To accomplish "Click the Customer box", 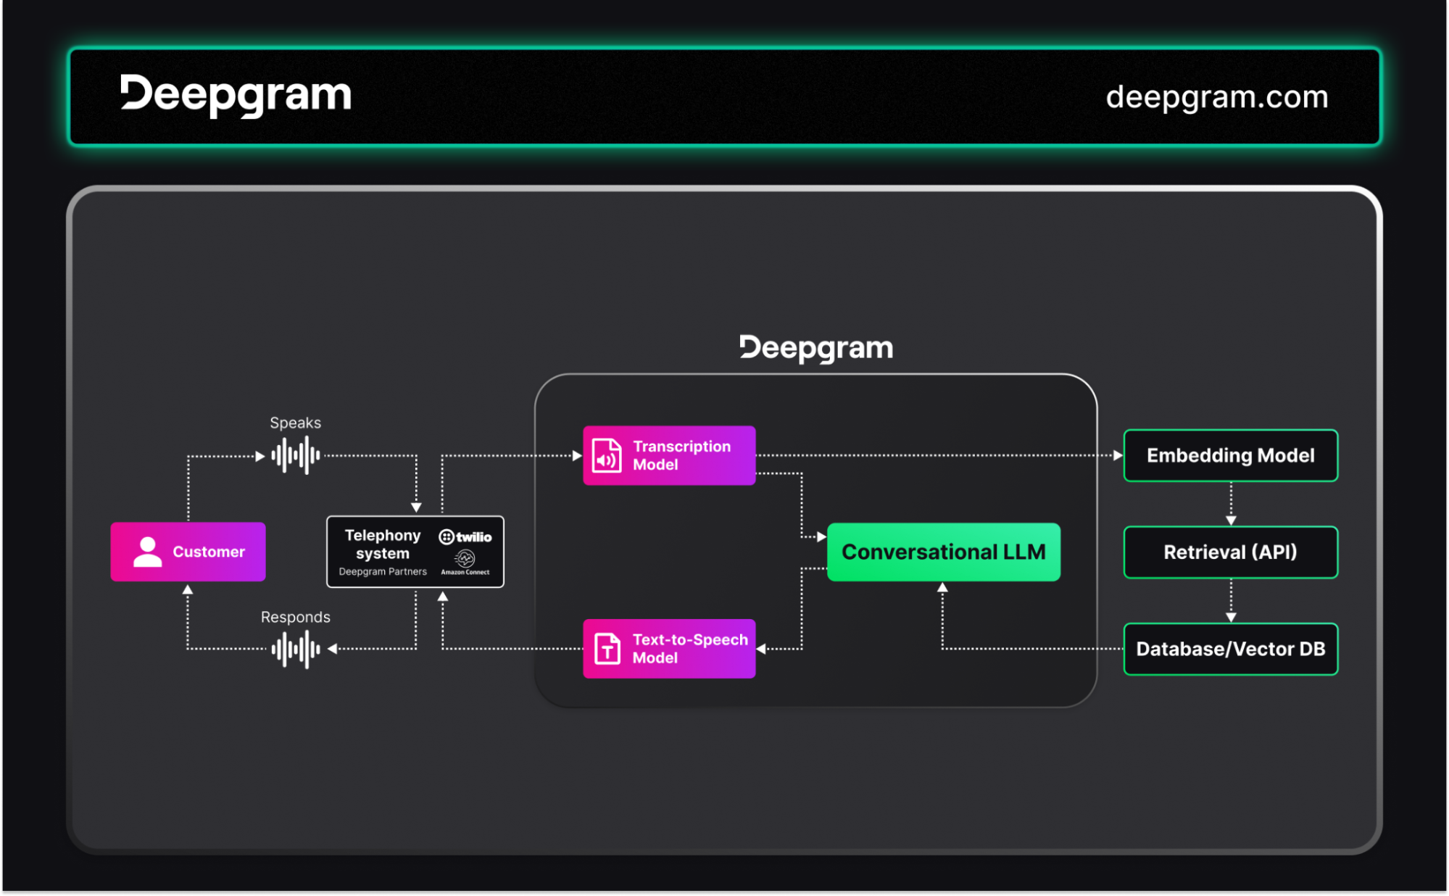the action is [188, 552].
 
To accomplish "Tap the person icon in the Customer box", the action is [148, 552].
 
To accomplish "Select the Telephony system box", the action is [415, 552].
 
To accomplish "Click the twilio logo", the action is [465, 537].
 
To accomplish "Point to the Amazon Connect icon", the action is [465, 558].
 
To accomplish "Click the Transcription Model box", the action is [669, 455].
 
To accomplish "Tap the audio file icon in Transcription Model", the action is [607, 456].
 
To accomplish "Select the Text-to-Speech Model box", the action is [669, 649].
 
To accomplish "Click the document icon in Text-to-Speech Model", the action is [607, 649].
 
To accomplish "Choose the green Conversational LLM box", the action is [944, 552].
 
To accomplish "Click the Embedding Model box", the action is [1231, 455].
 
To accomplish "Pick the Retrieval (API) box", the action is [1231, 552].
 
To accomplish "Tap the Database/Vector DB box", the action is [1231, 649].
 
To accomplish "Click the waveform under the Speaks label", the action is [296, 455].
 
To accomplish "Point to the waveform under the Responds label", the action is [296, 650].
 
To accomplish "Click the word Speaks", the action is [296, 423].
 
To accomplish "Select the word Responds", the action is [296, 617].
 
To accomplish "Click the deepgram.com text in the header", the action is [1217, 97].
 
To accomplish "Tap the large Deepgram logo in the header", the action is [236, 95].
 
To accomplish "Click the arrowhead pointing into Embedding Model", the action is [1118, 455].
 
